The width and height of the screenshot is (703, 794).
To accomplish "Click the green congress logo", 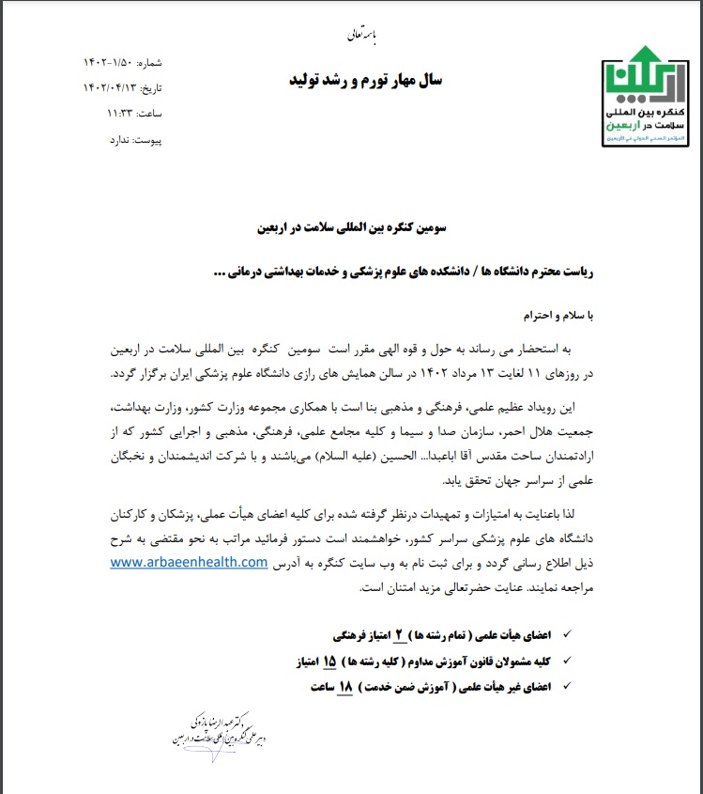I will tap(645, 95).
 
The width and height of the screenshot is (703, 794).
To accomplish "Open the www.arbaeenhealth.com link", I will tap(189, 562).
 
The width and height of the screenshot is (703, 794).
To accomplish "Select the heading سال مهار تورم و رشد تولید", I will tap(365, 81).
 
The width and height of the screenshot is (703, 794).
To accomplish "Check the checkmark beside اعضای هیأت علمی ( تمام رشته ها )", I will tap(564, 636).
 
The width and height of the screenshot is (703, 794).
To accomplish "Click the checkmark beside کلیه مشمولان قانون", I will tap(564, 662).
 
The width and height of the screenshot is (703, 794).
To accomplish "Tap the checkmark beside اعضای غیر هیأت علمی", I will tap(564, 687).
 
